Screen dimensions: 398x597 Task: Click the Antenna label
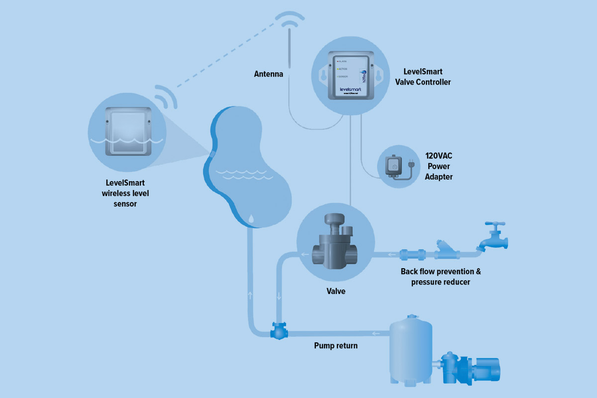pyautogui.click(x=269, y=74)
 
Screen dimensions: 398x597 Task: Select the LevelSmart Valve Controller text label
pyautogui.click(x=427, y=77)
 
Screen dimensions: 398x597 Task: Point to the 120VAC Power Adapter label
pyautogui.click(x=439, y=166)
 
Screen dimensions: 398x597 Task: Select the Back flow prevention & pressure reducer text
pyautogui.click(x=441, y=277)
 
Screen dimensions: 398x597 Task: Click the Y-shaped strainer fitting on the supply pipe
pyautogui.click(x=442, y=250)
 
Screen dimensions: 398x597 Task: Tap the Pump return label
pyautogui.click(x=335, y=345)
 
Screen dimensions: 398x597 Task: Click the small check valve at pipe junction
pyautogui.click(x=278, y=331)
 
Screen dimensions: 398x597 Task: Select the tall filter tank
pyautogui.click(x=410, y=348)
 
